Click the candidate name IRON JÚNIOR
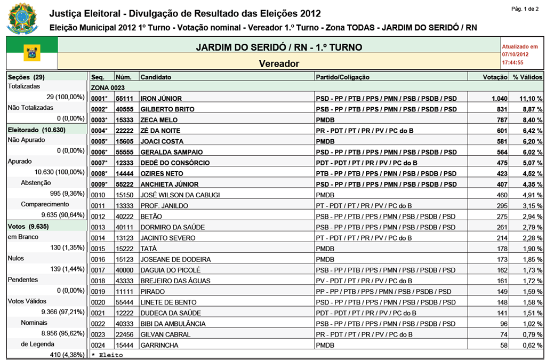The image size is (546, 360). pos(161,98)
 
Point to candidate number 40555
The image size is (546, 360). pos(125,109)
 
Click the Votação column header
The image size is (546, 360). pos(495,77)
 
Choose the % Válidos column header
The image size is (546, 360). pos(527,77)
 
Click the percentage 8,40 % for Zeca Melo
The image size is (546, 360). pos(531,120)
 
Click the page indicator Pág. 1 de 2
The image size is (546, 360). pos(525,9)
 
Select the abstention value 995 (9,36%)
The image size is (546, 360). pos(67,193)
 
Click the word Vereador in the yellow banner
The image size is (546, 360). pos(279,63)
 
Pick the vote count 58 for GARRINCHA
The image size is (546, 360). pos(502,345)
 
